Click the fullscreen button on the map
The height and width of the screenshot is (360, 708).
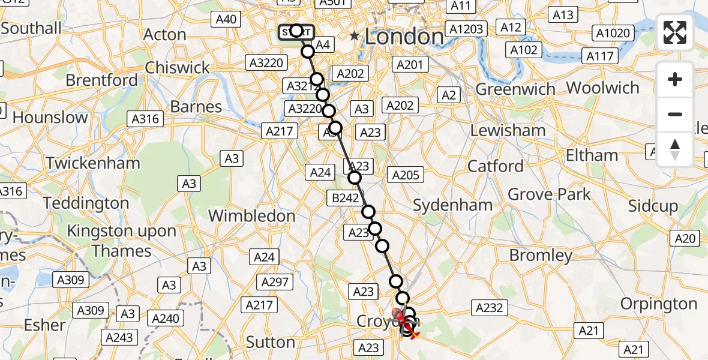(x=675, y=32)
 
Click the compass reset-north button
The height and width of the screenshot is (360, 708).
(x=675, y=149)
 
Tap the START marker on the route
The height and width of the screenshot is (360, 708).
(x=296, y=31)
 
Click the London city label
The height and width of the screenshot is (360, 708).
(x=404, y=37)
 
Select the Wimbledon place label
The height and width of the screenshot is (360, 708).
(x=252, y=216)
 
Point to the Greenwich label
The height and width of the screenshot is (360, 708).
(x=515, y=89)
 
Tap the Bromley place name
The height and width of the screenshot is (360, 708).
(x=541, y=256)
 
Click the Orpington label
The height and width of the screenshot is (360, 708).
(x=659, y=304)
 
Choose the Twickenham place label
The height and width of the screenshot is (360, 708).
(x=93, y=163)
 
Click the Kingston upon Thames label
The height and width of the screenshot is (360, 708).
(x=121, y=241)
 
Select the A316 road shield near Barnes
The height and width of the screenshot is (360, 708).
(x=146, y=119)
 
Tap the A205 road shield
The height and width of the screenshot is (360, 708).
(x=406, y=175)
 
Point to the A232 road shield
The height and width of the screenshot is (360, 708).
(x=488, y=308)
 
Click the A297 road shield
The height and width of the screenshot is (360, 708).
(x=274, y=282)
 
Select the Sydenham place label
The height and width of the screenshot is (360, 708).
(x=453, y=205)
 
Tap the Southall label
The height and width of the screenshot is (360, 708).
(x=31, y=28)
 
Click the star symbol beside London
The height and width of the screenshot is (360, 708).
(x=355, y=37)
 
